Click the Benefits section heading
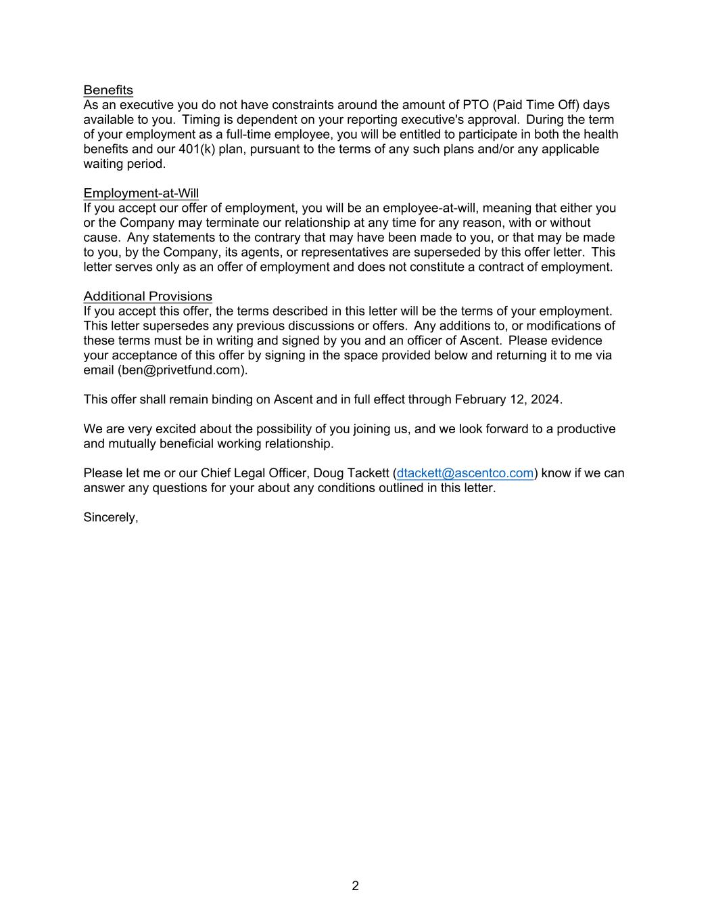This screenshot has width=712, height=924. point(108,90)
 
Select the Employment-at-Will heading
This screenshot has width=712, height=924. point(141,194)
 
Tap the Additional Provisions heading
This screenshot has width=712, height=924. point(147,296)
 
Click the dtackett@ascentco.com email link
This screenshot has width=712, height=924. point(465,473)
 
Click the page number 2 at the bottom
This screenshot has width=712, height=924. point(355,885)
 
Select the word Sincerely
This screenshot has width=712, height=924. point(110,517)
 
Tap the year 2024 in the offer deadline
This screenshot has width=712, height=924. point(545,399)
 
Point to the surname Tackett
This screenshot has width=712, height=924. point(368,473)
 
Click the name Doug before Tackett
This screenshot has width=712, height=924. point(328,473)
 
